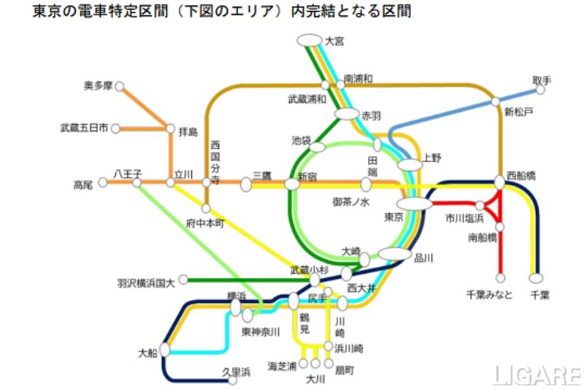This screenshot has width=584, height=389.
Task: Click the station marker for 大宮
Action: [x=310, y=39]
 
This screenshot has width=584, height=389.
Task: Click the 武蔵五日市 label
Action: [x=84, y=128]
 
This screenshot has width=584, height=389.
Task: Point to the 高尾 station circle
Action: [x=103, y=182]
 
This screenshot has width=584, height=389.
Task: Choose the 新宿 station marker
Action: [x=292, y=184]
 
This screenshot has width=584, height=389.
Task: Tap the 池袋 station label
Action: [x=301, y=139]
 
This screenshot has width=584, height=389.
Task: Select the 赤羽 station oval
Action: [x=347, y=115]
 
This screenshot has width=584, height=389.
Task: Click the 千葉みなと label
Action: [x=489, y=294]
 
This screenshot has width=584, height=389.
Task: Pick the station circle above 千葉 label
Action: [x=537, y=278]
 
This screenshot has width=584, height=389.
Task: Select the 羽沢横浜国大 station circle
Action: [x=184, y=279]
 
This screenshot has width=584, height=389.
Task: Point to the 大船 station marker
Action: [x=165, y=350]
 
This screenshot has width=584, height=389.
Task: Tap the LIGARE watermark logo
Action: [x=537, y=375]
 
